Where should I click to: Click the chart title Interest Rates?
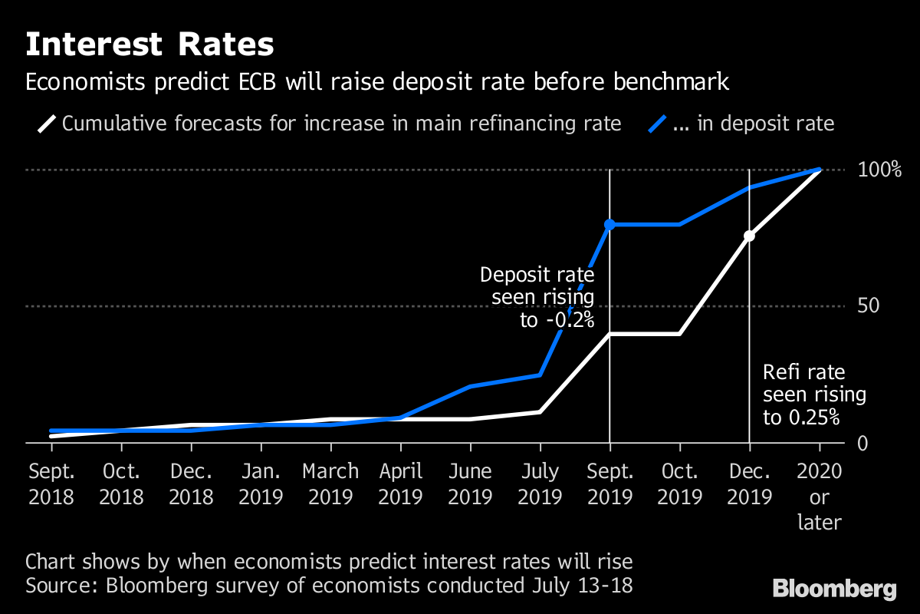click(x=149, y=45)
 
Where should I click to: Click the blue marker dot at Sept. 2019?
click(x=609, y=224)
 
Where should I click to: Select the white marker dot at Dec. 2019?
click(x=749, y=236)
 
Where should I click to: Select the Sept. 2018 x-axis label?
click(x=51, y=484)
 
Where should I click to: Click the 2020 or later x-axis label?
click(x=819, y=497)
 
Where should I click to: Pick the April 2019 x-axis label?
click(x=400, y=484)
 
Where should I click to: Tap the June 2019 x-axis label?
click(x=470, y=484)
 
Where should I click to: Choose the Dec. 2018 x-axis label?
click(x=191, y=484)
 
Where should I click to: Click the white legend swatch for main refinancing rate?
click(x=47, y=124)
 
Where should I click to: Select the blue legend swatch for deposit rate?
click(x=657, y=124)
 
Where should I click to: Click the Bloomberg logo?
click(x=833, y=589)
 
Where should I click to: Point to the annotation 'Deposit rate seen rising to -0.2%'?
click(x=537, y=298)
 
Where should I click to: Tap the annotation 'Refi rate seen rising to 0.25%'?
click(x=814, y=395)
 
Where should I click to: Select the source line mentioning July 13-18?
click(x=329, y=586)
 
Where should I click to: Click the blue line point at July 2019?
click(x=540, y=375)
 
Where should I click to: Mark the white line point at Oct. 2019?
click(x=679, y=334)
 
